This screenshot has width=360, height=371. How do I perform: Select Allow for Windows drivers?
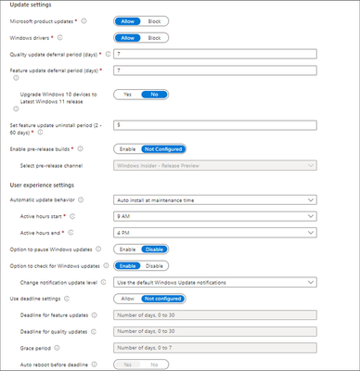click(x=129, y=38)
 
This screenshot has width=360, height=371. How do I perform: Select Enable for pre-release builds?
click(x=127, y=147)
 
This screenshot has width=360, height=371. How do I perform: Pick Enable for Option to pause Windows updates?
click(x=127, y=248)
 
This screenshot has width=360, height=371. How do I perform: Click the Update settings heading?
click(x=32, y=6)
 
